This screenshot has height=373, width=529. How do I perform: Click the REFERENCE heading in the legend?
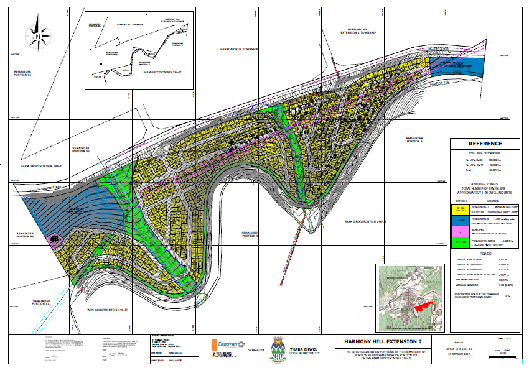pos(485,144)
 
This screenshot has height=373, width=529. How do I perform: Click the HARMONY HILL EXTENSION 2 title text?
pos(378,341)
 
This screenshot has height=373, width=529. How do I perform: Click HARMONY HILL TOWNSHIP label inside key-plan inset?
pos(129,25)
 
